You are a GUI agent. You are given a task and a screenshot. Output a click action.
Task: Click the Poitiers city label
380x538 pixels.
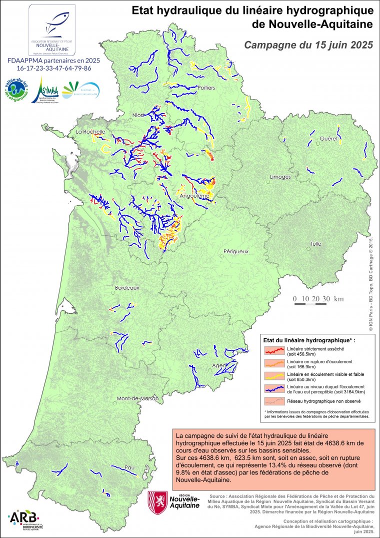pos(206,88)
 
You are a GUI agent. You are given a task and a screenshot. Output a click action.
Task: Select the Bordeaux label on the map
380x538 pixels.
pos(127,288)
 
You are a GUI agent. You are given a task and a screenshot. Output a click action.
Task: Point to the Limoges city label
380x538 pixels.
pos(280,177)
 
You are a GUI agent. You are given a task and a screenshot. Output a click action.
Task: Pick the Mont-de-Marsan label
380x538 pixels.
pos(137,399)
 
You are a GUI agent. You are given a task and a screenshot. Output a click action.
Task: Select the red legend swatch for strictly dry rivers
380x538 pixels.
pos(275,350)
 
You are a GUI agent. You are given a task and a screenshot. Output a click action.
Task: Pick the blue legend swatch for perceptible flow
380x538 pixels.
pos(275,388)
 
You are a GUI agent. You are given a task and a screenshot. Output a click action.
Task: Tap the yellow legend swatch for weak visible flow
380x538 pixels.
pos(275,375)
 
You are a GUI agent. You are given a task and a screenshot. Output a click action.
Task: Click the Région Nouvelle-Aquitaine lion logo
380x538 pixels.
pos(157,502)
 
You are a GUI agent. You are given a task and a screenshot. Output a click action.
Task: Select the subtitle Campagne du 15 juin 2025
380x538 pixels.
pos(308,45)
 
